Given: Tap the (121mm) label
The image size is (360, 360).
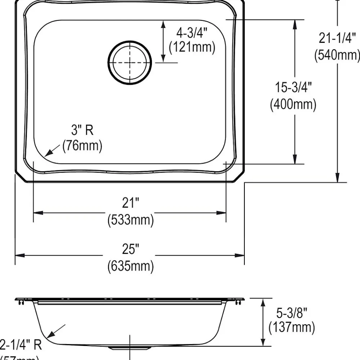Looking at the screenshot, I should coord(192,47).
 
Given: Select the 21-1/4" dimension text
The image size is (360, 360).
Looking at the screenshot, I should coord(337,38).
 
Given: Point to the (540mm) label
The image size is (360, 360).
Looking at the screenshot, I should coord(337,55).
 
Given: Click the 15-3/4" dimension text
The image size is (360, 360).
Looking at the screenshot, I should coord(293,87).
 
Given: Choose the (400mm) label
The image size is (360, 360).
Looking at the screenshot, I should coord(293,104).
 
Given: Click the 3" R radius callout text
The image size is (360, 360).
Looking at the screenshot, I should coord(82,130).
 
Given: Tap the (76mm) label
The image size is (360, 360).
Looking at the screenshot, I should coord(82,146).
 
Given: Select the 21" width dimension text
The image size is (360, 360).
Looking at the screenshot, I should coord(130,203).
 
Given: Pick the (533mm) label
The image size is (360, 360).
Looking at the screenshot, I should coord(130,220).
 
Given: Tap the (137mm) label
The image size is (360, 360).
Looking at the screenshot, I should coord(292,328).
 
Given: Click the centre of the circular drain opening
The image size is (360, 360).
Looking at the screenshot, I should coord(130,63).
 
